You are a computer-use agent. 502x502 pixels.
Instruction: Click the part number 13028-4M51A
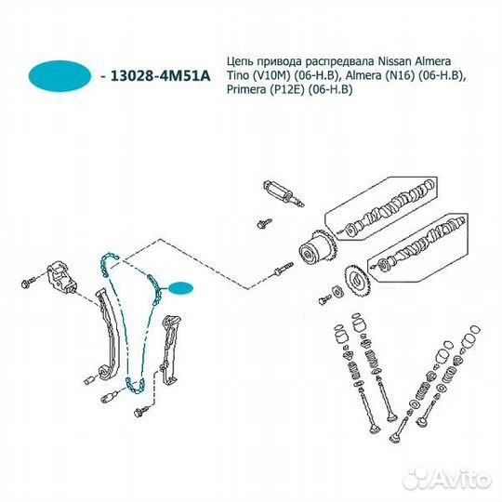pos(161,76)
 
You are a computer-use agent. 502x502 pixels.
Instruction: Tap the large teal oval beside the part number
pos(59,76)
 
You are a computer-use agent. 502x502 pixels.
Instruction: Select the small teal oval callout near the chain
pos(181,288)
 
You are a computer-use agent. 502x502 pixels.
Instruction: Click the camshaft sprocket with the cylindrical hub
pos(317,247)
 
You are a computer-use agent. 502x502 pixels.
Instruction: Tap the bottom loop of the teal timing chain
pos(136,385)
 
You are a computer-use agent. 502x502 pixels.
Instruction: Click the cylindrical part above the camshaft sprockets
pos(283,193)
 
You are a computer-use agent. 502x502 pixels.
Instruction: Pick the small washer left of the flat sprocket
pos(338,291)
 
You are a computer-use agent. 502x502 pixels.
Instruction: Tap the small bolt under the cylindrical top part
pos(264,223)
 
